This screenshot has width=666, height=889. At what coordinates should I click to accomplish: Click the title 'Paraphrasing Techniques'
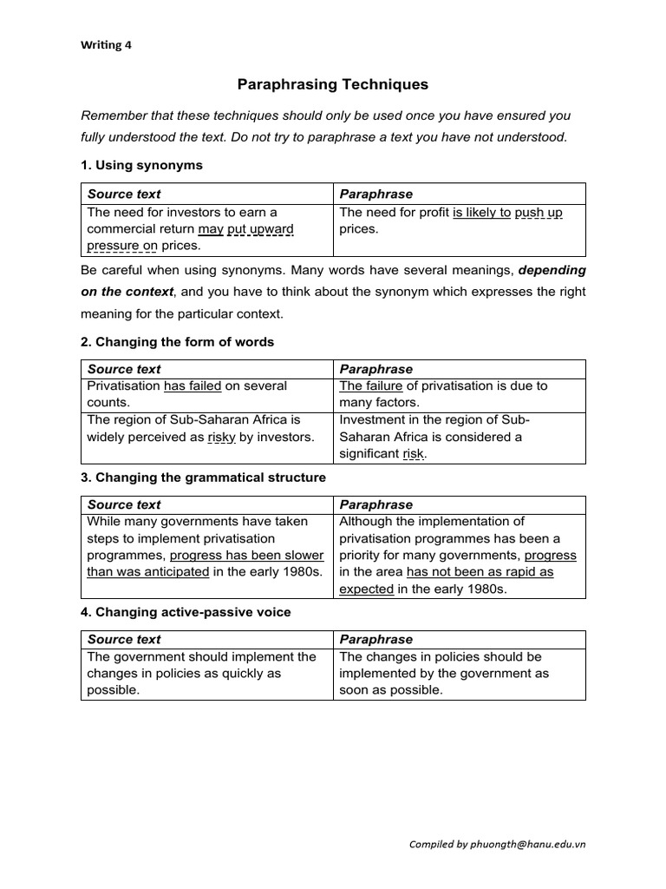333,84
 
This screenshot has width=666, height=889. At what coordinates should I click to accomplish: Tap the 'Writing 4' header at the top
106,46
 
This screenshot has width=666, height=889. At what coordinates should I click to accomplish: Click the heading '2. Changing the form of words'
177,342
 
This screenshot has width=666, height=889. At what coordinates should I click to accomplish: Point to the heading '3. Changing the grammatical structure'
203,477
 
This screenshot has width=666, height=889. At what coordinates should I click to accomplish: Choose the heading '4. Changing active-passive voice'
186,612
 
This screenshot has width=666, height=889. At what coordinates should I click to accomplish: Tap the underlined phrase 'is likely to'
481,212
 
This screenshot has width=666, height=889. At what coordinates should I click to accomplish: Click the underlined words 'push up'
539,212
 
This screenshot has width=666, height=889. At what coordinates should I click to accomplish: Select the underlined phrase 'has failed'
193,385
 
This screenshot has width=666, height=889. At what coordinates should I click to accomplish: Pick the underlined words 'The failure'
371,385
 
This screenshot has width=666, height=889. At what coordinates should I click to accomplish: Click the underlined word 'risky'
222,437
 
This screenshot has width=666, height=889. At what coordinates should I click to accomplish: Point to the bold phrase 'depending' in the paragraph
552,270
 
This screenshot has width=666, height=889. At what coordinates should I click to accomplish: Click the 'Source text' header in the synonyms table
124,194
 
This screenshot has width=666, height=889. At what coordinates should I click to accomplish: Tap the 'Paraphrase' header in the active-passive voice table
376,639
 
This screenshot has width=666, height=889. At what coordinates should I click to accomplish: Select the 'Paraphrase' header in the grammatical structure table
376,504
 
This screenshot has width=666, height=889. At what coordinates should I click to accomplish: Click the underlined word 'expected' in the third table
367,589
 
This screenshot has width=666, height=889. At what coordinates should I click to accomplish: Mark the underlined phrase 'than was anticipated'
148,572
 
